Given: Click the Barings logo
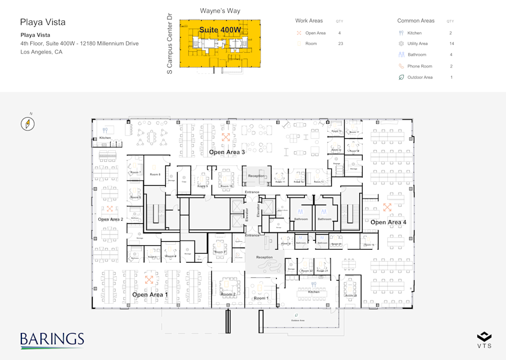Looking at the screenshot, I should pos(52,340).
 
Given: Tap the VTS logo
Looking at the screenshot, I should pos(484,339).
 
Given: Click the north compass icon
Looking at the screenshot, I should pos(28,124).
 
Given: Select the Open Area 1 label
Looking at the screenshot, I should pos(150,295).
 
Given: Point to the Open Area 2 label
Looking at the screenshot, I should pos(110,219).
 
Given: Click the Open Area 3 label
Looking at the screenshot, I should pos(227,152).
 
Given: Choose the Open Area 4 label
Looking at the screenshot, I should pos(388,222).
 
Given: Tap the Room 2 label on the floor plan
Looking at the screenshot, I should pos(228,294).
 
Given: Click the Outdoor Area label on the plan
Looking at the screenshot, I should pos(298,321).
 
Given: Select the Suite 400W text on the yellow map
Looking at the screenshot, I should pos(220,30).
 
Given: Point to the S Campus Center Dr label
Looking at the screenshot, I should pos(170,44).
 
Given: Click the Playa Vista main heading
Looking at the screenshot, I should pos(43,22).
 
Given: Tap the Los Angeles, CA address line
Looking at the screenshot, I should pos(41,52).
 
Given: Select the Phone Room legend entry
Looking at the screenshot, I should pos(419,66).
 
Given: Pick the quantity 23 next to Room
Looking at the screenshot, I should pos(340,44).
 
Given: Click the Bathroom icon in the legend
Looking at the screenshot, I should pos(401,55).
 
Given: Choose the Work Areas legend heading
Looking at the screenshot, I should pos(309,21).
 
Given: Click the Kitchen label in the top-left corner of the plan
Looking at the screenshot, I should pos(105,138).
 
